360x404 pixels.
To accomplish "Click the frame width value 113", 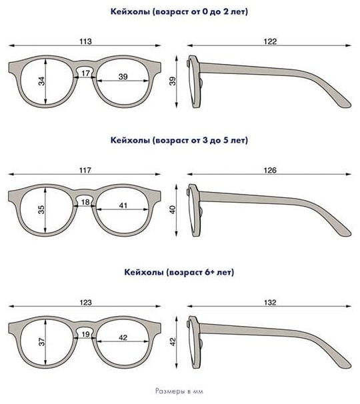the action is coord(85,41).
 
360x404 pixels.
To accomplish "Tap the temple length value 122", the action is coord(270,41).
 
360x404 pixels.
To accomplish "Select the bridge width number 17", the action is coord(85,73).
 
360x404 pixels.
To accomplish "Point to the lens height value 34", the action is coord(41,81).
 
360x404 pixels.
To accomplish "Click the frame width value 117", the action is coord(85,170).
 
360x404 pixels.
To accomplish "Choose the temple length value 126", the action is coord(270,170).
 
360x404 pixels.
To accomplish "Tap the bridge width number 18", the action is coord(85,202).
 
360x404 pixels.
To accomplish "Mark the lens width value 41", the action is coord(123,205).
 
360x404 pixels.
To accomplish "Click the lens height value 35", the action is coord(41,210).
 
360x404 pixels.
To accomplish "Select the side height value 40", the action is coord(173,210).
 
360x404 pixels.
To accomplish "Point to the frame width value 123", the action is coord(85,302).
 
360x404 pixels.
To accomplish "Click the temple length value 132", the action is coord(270,302).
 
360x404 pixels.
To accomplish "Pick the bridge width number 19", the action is coord(85,335).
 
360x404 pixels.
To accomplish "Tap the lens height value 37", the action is coord(41,342).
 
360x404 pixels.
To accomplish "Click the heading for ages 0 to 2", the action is coord(179,12).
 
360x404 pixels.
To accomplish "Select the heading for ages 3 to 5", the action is coord(179,141).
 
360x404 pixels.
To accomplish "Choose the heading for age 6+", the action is coord(179,273).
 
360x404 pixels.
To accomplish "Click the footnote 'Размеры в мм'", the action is coord(179,391).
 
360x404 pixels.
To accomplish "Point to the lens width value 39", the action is coord(123,77).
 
